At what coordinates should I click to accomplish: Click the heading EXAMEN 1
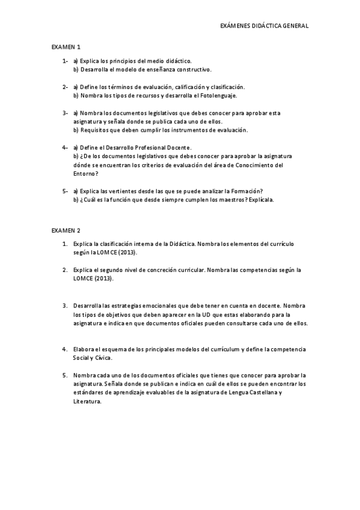coord(66,46)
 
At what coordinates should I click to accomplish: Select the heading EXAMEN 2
coord(66,230)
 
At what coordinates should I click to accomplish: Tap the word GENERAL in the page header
coord(295,26)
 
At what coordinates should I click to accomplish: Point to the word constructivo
coord(194,69)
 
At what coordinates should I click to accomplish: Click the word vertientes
coord(133,191)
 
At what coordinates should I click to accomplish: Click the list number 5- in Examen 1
coord(64,191)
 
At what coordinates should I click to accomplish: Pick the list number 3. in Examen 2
coord(65,306)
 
